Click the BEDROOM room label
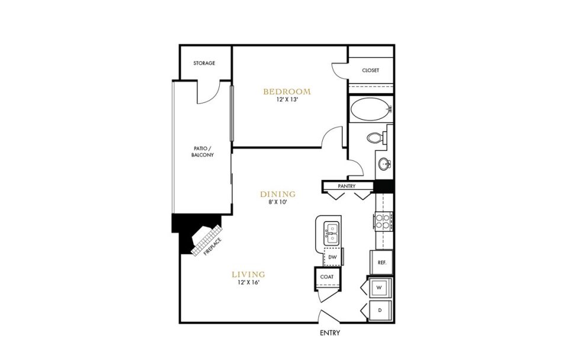pos(287,91)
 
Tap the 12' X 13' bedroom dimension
pos(287,101)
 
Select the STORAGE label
pos(204,63)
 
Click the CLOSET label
pos(370,70)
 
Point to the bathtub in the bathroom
pos(370,110)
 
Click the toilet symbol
pos(375,138)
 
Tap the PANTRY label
pos(346,186)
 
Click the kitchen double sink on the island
pos(330,233)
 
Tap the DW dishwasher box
pos(332,258)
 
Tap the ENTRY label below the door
pos(330,333)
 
